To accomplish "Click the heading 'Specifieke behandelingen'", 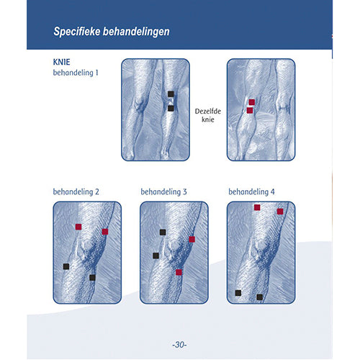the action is pyautogui.click(x=112, y=32).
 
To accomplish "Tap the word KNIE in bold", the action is pyautogui.click(x=61, y=62).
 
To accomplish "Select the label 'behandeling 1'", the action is pyautogui.click(x=76, y=73).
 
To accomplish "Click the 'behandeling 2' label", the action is pyautogui.click(x=76, y=192).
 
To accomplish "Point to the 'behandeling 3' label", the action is pyautogui.click(x=163, y=192).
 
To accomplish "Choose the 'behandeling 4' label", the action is pyautogui.click(x=251, y=192).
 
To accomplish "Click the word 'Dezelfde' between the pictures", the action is pyautogui.click(x=208, y=112).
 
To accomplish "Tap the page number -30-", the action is pyautogui.click(x=179, y=345).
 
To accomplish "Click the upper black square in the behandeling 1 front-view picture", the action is pyautogui.click(x=171, y=94).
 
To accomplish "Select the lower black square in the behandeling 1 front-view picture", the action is pyautogui.click(x=171, y=109).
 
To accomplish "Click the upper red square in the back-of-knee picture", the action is pyautogui.click(x=252, y=102).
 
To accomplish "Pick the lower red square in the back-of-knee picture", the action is pyautogui.click(x=250, y=110).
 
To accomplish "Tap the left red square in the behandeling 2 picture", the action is pyautogui.click(x=78, y=227).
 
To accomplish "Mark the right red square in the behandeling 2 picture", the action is pyautogui.click(x=105, y=232).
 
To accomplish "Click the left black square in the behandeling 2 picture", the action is pyautogui.click(x=66, y=266).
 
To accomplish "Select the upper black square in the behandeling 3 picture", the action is pyautogui.click(x=163, y=232).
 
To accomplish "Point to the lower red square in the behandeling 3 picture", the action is pyautogui.click(x=179, y=272).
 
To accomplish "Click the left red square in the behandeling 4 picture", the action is pyautogui.click(x=257, y=207).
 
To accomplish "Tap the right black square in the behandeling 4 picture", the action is pyautogui.click(x=260, y=297).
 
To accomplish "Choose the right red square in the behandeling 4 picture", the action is pyautogui.click(x=280, y=212).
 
